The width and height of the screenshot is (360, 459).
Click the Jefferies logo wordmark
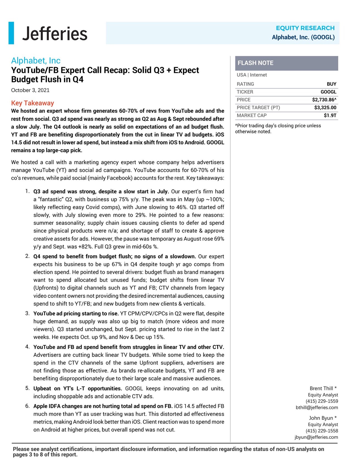tap(55, 34)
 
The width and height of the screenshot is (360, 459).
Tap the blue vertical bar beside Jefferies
tap(11, 33)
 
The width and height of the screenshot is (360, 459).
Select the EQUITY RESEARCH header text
tap(305, 28)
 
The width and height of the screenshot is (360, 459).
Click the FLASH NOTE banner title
tap(255, 63)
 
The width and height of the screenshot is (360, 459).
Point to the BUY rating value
tap(331, 84)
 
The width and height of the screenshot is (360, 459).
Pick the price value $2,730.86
tap(324, 100)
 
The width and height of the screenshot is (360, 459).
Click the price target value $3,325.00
tap(325, 108)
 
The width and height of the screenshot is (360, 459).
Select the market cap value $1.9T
tap(330, 115)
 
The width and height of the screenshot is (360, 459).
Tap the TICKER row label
tap(245, 92)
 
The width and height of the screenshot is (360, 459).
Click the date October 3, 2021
tap(30, 90)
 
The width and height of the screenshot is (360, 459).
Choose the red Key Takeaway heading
tap(32, 103)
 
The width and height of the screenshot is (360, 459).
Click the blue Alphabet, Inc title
tap(36, 61)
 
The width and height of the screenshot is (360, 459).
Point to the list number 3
tap(27, 313)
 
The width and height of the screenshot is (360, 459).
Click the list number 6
tap(27, 406)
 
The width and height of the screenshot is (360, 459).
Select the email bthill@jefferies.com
tap(317, 408)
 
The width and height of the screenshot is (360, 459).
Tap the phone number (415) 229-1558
tap(322, 431)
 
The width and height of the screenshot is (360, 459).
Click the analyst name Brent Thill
tap(321, 388)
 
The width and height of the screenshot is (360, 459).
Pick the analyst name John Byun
tap(321, 418)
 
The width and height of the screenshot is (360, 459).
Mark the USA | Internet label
tap(251, 75)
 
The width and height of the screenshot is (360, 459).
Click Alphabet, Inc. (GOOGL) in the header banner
tap(303, 37)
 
